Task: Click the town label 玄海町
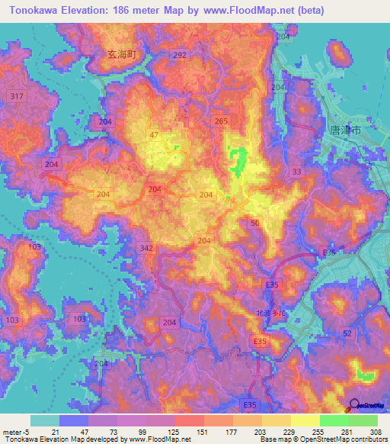point(121,54)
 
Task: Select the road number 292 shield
point(180,56)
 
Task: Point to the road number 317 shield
point(15,95)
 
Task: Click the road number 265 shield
point(221,121)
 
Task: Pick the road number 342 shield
point(148,249)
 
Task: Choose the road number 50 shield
point(254,222)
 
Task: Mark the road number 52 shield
point(347,333)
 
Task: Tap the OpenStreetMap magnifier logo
point(354,408)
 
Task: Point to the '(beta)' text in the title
point(306,11)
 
